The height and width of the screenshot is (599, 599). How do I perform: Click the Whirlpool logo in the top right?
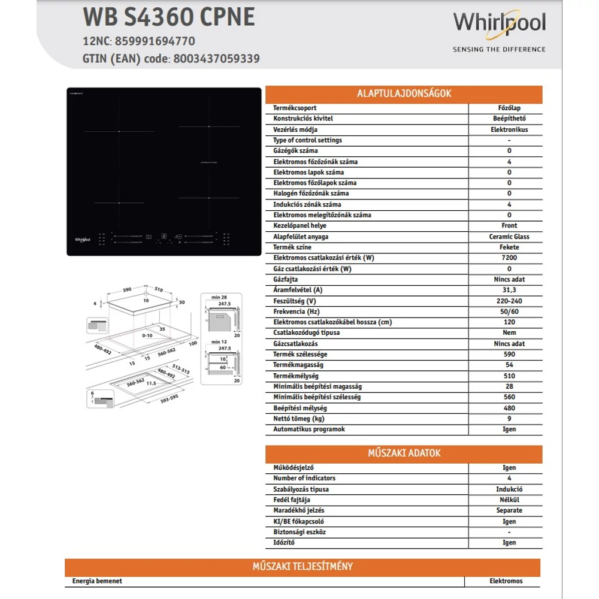(499, 23)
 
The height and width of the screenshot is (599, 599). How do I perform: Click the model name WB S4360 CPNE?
(168, 17)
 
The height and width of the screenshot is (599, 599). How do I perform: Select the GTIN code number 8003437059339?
(216, 59)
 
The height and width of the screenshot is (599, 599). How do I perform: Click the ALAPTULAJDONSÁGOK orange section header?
(404, 93)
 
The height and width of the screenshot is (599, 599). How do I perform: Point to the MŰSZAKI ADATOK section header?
(404, 453)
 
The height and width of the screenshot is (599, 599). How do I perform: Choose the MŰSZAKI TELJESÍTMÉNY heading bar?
(302, 566)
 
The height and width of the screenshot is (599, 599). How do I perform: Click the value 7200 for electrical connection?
(509, 258)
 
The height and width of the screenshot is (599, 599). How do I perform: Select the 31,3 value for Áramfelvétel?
(509, 290)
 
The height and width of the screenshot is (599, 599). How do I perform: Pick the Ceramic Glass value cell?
(509, 237)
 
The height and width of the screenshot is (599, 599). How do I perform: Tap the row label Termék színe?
(292, 247)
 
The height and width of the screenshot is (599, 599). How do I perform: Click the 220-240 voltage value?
(509, 301)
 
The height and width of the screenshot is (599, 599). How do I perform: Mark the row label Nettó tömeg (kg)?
(299, 419)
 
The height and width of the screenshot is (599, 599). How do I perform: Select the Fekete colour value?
(509, 247)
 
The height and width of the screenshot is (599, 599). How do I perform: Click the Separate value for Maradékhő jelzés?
(509, 510)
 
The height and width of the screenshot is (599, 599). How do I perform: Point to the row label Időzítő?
(284, 543)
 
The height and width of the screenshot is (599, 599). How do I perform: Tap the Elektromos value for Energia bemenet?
(506, 581)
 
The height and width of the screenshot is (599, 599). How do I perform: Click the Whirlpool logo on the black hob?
(83, 239)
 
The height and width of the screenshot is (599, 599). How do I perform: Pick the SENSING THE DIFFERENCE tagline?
(499, 49)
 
